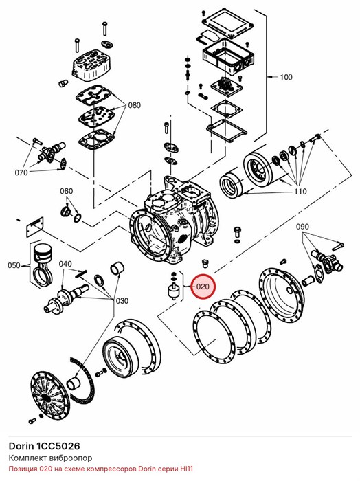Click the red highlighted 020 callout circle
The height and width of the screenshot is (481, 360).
[203, 287]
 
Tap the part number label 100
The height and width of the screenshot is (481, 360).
[286, 77]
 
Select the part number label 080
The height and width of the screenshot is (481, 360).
[134, 105]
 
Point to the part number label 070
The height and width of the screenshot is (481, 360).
[21, 172]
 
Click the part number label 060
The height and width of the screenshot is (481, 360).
[66, 191]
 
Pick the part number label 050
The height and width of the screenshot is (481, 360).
[14, 265]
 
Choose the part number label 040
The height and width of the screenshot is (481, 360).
[65, 264]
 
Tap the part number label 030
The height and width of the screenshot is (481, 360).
[122, 301]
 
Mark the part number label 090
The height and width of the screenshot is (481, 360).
[302, 227]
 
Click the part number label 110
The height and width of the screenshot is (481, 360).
[300, 192]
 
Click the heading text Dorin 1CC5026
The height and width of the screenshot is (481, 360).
[44, 446]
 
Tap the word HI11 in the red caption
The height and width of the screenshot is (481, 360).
[186, 469]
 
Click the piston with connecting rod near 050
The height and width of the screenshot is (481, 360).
[42, 264]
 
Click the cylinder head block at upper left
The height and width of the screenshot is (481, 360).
[91, 65]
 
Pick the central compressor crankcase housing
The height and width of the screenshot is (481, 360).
[175, 222]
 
